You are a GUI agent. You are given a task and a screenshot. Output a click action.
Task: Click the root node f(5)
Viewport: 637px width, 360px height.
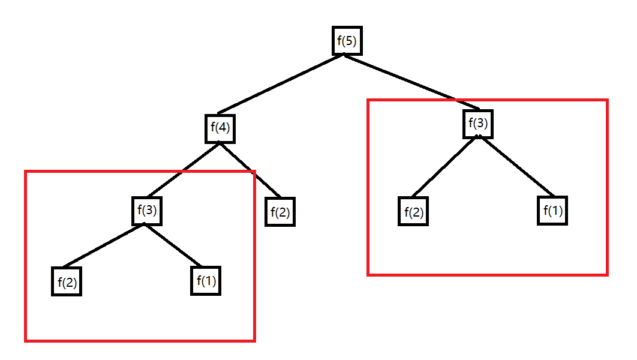(347, 41)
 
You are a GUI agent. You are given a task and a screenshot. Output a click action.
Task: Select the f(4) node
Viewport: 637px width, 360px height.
(220, 128)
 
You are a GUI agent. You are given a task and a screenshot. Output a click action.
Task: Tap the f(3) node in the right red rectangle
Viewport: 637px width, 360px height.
(478, 124)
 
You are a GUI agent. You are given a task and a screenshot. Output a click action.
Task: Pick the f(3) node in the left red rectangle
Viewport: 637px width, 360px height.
(147, 211)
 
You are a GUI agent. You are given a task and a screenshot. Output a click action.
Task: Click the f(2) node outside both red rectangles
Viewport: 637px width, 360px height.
(280, 212)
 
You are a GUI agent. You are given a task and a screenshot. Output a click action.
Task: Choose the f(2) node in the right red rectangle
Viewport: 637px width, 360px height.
(413, 212)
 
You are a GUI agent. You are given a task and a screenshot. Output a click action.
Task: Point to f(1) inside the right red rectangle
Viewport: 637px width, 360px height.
(552, 211)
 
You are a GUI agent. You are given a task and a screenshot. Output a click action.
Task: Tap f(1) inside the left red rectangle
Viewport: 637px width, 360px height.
(206, 281)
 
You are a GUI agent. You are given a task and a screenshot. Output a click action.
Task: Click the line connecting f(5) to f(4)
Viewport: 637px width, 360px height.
(281, 83)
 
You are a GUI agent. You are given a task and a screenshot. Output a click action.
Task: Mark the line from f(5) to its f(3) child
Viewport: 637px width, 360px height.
(413, 82)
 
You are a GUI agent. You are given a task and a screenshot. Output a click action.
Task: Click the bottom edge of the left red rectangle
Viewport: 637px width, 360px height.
(140, 340)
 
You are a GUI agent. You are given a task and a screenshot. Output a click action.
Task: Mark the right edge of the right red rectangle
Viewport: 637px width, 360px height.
(607, 187)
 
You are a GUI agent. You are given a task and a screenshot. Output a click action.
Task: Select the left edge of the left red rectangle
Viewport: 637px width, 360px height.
(25, 256)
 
